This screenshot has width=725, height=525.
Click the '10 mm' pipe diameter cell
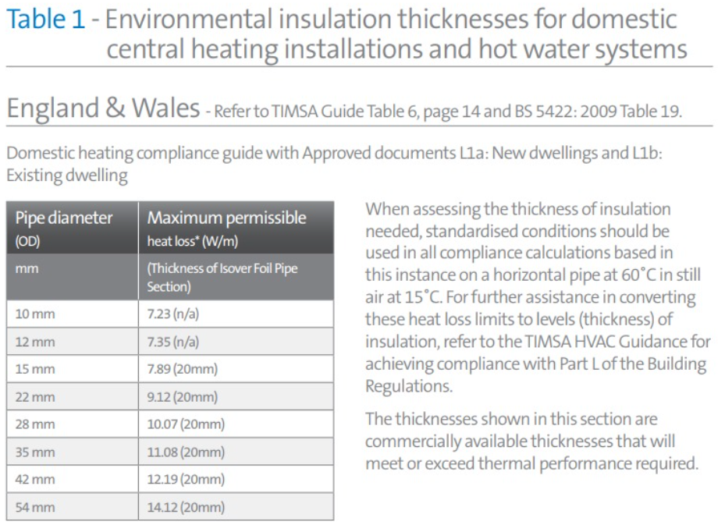point(35,314)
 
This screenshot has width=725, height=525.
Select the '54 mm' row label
point(35,507)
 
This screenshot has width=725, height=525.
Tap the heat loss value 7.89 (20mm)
point(183,369)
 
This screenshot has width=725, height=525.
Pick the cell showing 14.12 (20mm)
point(186,507)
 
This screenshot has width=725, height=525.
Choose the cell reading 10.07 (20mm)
point(186,424)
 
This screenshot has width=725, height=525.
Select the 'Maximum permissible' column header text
point(226,218)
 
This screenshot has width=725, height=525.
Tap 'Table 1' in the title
point(45,20)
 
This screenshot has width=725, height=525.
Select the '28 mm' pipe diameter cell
point(35,424)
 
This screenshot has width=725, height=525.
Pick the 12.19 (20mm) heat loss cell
point(186,480)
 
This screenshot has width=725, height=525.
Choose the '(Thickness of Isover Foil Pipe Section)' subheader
point(222,278)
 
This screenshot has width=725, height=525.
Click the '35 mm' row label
point(35,452)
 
